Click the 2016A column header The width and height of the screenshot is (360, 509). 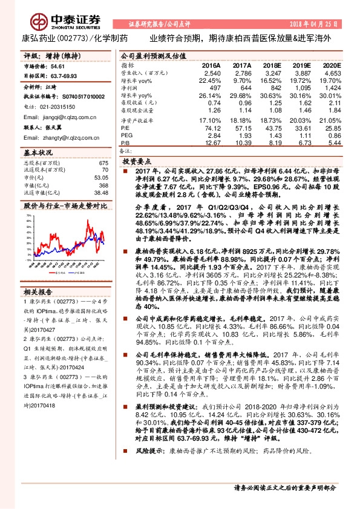[x=211, y=65]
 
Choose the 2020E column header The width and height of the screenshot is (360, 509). [x=332, y=65]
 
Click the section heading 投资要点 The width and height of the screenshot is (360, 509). [x=137, y=163]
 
